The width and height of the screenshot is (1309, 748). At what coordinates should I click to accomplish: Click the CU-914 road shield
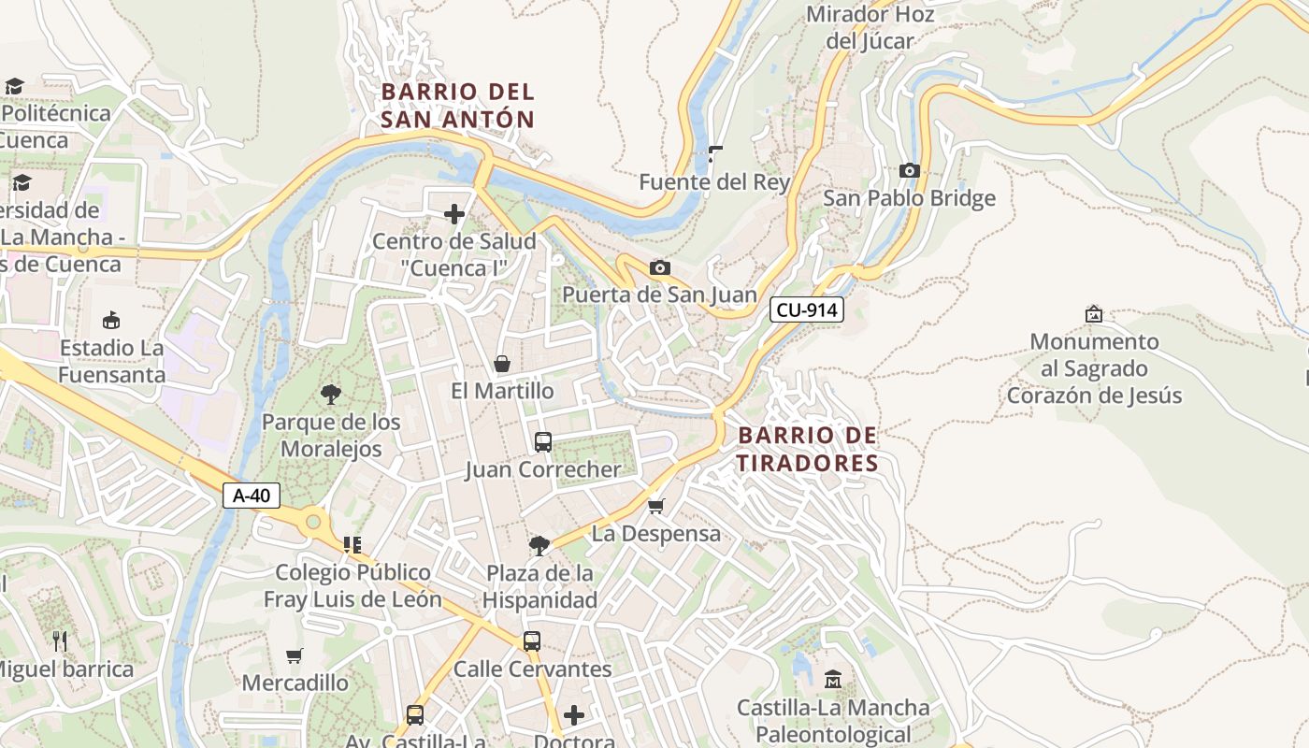coord(807,309)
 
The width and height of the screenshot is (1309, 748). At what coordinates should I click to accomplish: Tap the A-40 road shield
coord(252,496)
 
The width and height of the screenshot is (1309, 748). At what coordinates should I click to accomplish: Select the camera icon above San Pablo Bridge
coord(909,170)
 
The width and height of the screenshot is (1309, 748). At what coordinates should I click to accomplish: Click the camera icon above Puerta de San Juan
coord(659,268)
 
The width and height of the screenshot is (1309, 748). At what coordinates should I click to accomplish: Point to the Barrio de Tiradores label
coord(808,449)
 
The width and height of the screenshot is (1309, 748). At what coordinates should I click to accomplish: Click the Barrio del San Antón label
coord(457,106)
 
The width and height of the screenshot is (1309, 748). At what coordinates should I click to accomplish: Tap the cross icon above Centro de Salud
coord(454,215)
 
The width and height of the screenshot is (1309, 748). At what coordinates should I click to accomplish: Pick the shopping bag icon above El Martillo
coord(502,364)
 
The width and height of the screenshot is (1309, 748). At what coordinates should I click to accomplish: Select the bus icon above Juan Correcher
coord(543,442)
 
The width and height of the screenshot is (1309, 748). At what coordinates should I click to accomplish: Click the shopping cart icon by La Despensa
coord(656,506)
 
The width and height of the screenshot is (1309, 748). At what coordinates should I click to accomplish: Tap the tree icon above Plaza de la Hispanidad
coord(539,545)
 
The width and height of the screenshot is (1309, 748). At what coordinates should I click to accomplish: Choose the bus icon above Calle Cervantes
coord(532,641)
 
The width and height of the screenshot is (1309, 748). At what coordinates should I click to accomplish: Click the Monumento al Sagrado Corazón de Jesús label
coord(1094,368)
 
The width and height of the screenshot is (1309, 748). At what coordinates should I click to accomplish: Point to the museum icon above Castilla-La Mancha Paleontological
coord(833,680)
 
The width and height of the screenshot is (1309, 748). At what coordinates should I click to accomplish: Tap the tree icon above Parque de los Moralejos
coord(330,394)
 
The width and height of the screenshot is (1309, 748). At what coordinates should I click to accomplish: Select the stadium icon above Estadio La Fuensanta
coord(111,321)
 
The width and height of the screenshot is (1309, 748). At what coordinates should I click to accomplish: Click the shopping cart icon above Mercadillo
coord(295,655)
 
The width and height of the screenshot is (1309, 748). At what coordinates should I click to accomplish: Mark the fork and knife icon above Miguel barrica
coord(60,641)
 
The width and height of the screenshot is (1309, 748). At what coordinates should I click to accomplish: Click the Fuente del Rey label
coord(714,182)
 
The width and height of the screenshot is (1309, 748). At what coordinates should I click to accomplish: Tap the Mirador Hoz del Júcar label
coord(870,27)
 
